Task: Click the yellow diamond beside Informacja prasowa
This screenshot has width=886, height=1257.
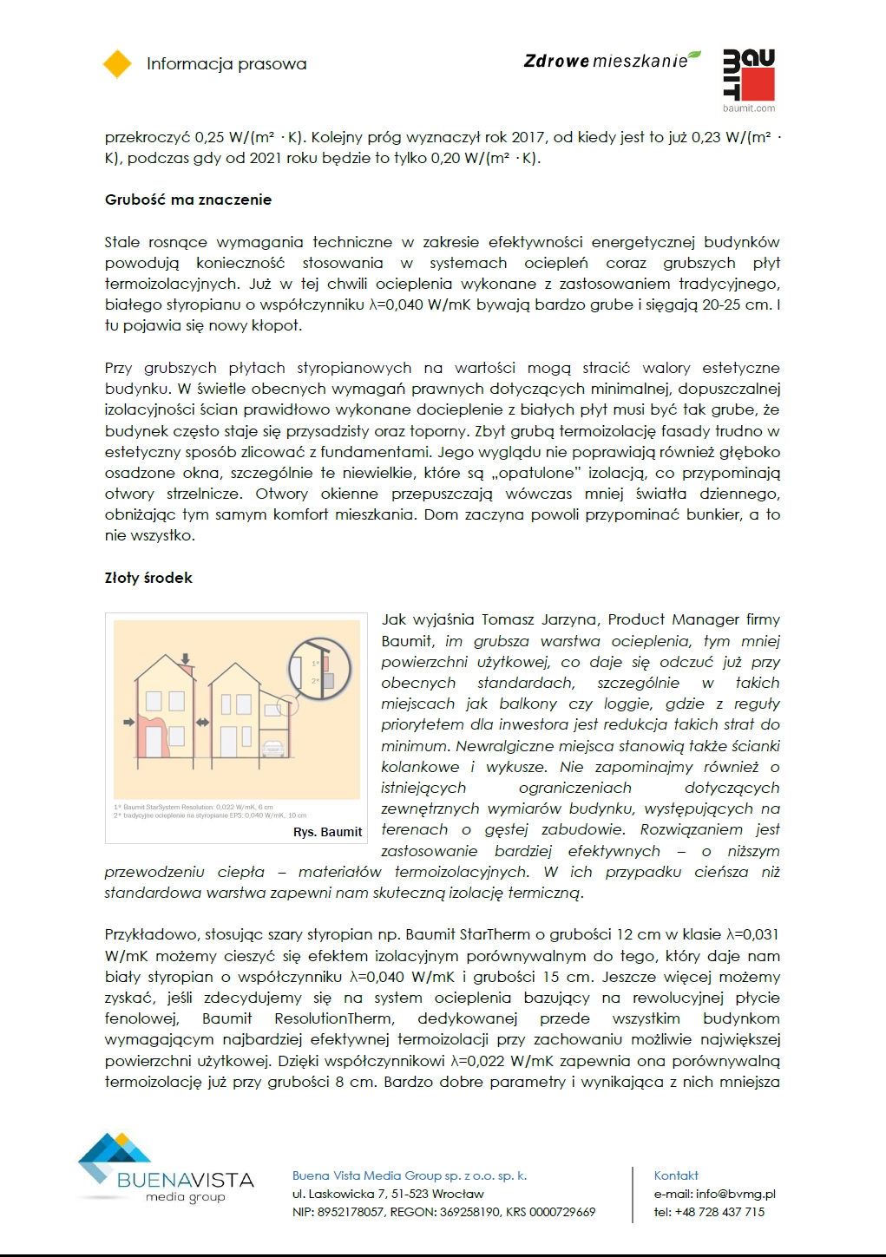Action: [x=117, y=64]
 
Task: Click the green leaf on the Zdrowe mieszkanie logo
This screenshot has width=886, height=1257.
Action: [x=694, y=56]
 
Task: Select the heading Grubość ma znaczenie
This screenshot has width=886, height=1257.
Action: [x=188, y=200]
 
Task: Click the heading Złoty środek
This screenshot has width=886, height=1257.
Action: [x=148, y=578]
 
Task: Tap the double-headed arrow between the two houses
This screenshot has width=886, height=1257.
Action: [x=202, y=722]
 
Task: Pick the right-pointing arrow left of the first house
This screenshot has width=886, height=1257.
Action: [x=128, y=722]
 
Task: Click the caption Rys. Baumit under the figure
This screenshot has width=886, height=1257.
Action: [x=327, y=832]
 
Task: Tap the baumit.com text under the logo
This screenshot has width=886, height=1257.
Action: [x=749, y=108]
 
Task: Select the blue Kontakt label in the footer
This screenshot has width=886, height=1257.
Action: [x=676, y=1175]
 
